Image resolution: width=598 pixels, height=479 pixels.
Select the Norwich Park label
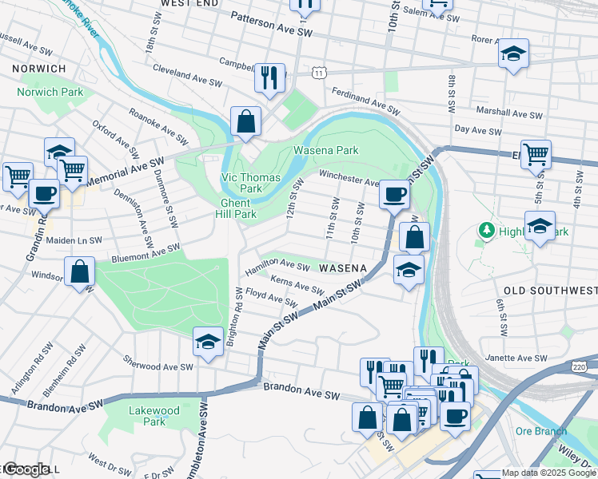50,92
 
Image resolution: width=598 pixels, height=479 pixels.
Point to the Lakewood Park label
154,416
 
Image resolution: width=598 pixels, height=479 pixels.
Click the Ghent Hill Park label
238,208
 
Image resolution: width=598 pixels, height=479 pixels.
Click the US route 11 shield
319,73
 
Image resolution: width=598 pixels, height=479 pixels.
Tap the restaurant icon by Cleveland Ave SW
269,78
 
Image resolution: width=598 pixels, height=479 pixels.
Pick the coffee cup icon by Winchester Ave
393,194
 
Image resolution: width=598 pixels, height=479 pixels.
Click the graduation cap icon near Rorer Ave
513,53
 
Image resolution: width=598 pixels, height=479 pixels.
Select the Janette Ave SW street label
519,359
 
